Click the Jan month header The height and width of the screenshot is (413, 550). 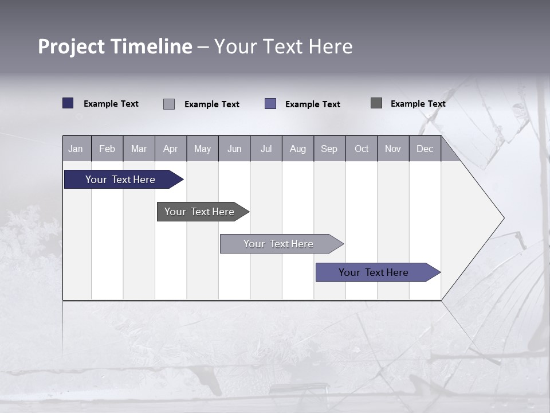(x=76, y=149)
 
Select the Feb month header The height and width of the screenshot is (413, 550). (x=107, y=149)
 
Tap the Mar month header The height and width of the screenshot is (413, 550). (x=139, y=149)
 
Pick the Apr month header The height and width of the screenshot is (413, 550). (x=171, y=149)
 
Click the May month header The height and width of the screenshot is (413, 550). (x=202, y=149)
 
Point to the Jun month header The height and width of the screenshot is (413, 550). (x=234, y=149)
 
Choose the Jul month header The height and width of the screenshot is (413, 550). (x=266, y=149)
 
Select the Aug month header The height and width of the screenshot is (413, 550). (x=298, y=149)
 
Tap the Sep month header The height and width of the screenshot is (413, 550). (x=329, y=149)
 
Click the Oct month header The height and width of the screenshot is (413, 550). (x=362, y=149)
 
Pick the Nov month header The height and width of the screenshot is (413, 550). (x=393, y=149)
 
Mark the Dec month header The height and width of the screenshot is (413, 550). (x=425, y=149)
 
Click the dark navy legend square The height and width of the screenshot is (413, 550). (x=68, y=103)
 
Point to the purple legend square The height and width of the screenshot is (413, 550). (x=270, y=104)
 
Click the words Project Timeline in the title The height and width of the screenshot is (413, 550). (x=115, y=46)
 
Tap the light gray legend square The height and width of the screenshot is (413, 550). (x=169, y=104)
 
